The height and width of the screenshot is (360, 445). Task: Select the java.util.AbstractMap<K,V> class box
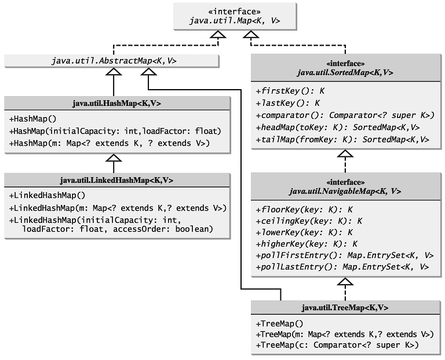(111, 60)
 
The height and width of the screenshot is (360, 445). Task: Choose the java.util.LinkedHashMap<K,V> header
(116, 180)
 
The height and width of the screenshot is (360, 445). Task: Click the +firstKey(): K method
(290, 91)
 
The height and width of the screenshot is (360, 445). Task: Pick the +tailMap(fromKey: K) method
(342, 139)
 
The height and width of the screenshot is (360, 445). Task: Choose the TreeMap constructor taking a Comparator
(337, 346)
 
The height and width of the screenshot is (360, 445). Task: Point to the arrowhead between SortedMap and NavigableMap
(345, 154)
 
